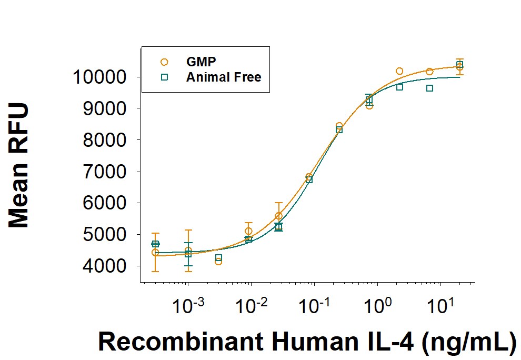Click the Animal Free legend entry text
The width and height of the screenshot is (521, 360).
pyautogui.click(x=224, y=77)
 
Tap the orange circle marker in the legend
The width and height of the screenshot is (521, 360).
pyautogui.click(x=164, y=62)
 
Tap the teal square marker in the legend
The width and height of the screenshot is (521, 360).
pyautogui.click(x=164, y=77)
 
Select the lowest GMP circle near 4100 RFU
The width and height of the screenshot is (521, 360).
pyautogui.click(x=218, y=262)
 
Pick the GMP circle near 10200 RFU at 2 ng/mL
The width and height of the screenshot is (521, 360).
pyautogui.click(x=399, y=71)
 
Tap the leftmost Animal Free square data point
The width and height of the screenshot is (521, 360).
pyautogui.click(x=155, y=244)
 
